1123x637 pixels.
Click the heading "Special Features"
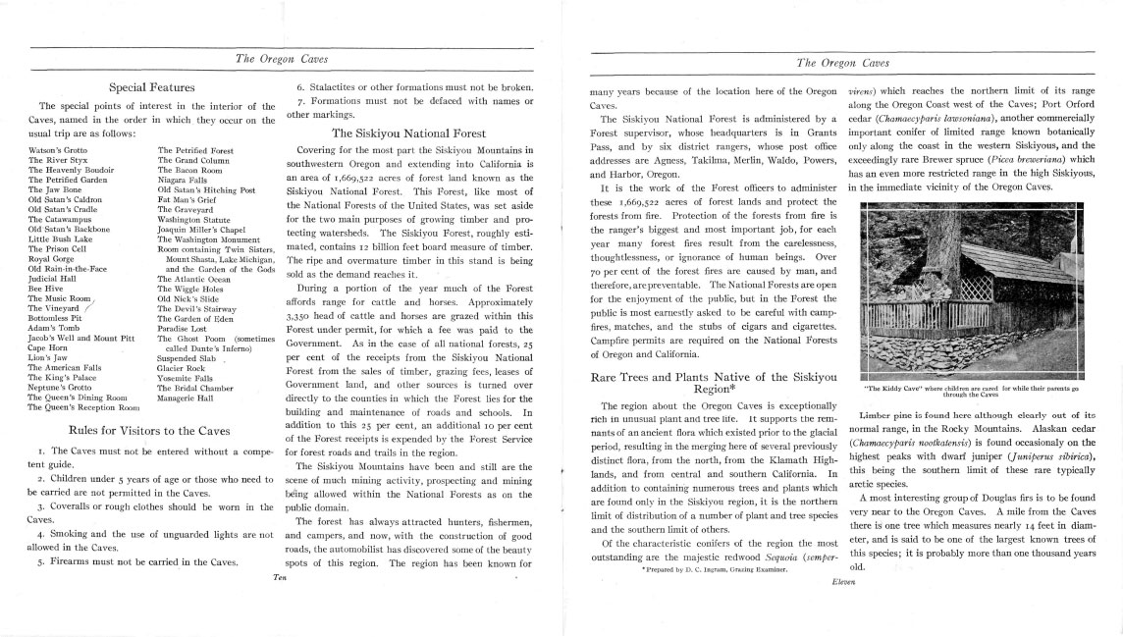coord(151,87)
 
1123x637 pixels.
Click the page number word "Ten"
coord(280,578)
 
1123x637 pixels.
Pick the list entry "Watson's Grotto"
coord(58,150)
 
